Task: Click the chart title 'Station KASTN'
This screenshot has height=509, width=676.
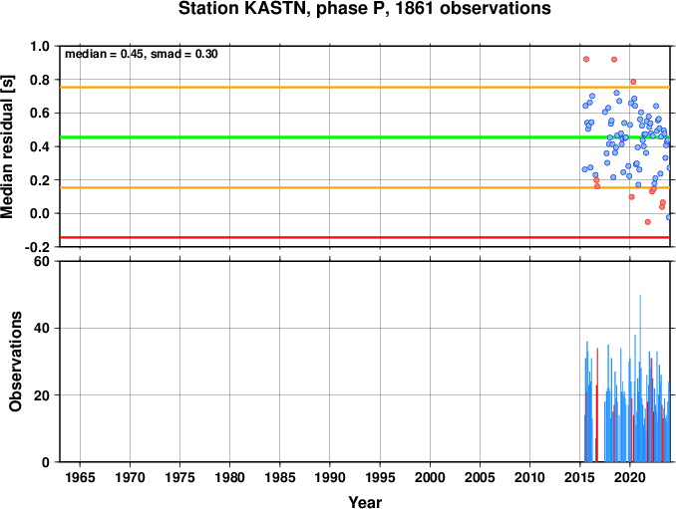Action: [243, 9]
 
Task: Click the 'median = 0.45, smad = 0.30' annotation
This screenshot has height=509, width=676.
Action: [142, 54]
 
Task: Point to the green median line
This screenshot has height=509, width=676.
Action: [365, 137]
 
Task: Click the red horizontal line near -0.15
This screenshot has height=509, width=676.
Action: [365, 237]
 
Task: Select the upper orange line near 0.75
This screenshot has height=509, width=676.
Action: [365, 88]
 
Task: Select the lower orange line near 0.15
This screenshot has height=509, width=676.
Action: [365, 187]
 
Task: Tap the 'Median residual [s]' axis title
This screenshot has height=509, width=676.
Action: [7, 146]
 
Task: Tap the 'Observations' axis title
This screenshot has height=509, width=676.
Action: [16, 362]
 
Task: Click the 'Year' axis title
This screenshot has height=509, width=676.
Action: [365, 502]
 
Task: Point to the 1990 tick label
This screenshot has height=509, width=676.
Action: [330, 477]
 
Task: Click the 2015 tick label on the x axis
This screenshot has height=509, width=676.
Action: [580, 477]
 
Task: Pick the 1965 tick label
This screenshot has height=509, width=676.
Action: [80, 477]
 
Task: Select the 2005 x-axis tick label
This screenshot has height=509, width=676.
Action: [480, 477]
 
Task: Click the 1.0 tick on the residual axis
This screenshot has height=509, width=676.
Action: [40, 46]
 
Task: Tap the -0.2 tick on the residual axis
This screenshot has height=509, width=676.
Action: [37, 247]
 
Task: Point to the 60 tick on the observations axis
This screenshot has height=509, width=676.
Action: [42, 261]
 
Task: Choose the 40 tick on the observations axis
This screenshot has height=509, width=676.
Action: [42, 328]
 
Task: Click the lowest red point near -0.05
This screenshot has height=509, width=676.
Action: [647, 222]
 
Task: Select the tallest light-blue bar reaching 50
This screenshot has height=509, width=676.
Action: [640, 379]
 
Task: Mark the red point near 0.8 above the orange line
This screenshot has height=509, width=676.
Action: [633, 82]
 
